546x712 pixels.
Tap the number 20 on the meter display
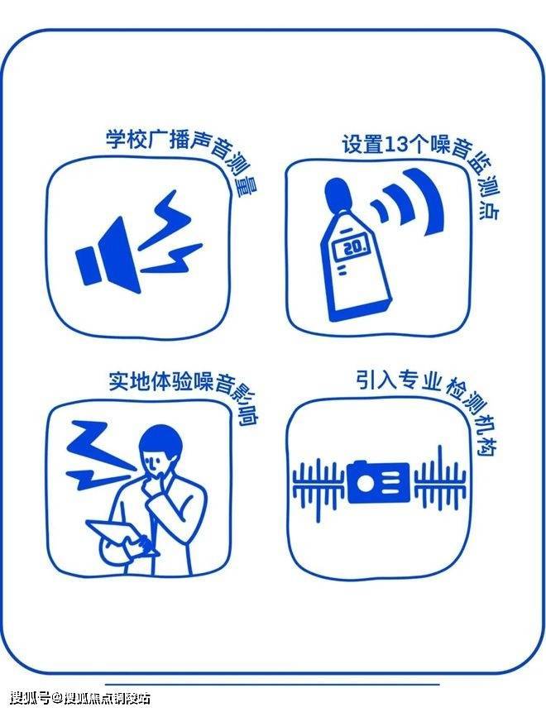353,247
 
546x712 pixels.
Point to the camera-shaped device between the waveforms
378,482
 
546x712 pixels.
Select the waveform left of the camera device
318,487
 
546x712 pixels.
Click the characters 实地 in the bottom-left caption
129,381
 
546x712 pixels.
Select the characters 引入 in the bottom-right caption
376,380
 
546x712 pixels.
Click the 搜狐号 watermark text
30,697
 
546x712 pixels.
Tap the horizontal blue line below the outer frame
272,684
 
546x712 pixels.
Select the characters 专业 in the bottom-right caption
420,380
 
